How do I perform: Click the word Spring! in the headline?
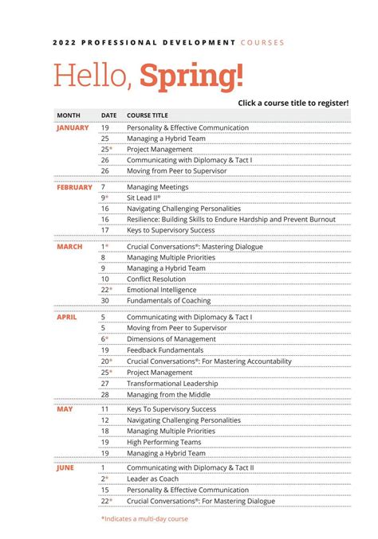tap(191, 76)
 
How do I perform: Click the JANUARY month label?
tap(73, 127)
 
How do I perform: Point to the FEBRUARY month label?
tap(74, 187)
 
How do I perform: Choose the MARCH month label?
tap(69, 247)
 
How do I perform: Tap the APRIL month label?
tap(67, 317)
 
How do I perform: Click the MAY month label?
tap(64, 408)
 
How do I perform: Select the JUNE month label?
tap(65, 468)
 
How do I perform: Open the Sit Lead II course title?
tap(144, 198)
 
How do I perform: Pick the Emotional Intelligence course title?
tap(163, 290)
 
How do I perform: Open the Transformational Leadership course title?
tap(173, 383)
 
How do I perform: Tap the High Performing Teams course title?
tap(163, 442)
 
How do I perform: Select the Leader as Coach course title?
tap(154, 478)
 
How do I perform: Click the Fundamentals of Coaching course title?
tap(169, 301)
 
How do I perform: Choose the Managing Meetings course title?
tap(158, 187)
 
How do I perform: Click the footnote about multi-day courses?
tap(145, 518)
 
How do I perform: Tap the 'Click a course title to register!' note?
tap(293, 104)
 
